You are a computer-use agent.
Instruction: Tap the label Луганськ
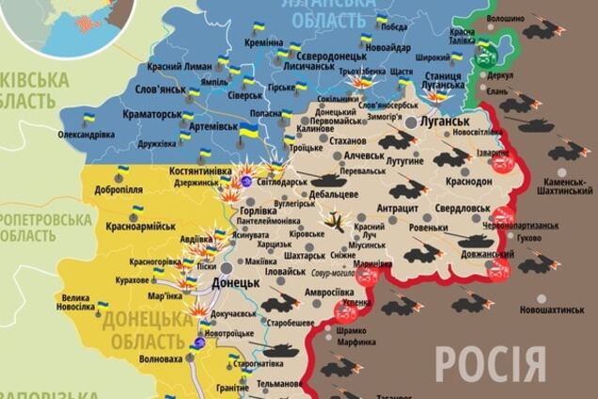click(445, 121)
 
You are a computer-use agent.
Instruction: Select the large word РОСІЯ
click(489, 363)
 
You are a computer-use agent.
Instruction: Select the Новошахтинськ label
click(554, 309)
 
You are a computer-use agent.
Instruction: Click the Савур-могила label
click(328, 272)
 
